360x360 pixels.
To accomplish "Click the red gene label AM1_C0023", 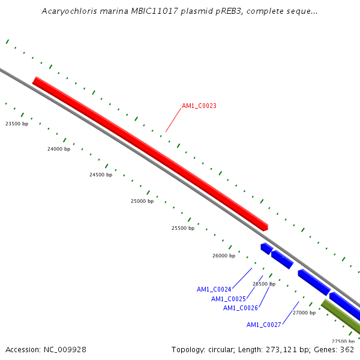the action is (x=199, y=106).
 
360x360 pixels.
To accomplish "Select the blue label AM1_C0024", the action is (x=214, y=289).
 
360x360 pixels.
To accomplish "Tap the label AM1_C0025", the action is (x=228, y=299).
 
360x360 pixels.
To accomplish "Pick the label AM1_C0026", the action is (x=240, y=308).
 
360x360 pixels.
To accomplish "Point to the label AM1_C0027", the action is (x=263, y=325).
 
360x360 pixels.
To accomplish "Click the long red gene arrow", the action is (x=150, y=154).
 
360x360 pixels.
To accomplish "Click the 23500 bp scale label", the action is (x=17, y=124).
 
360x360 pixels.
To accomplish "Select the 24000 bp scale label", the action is (x=59, y=149).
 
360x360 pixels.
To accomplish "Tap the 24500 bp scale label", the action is (x=101, y=175).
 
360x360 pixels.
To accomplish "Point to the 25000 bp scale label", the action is (x=142, y=201).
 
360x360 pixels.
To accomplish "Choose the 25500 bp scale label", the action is (x=183, y=228).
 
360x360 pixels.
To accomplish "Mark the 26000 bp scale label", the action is (x=224, y=256).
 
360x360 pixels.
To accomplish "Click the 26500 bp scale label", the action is (x=264, y=284).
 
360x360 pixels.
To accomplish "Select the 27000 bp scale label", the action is (x=304, y=313).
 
